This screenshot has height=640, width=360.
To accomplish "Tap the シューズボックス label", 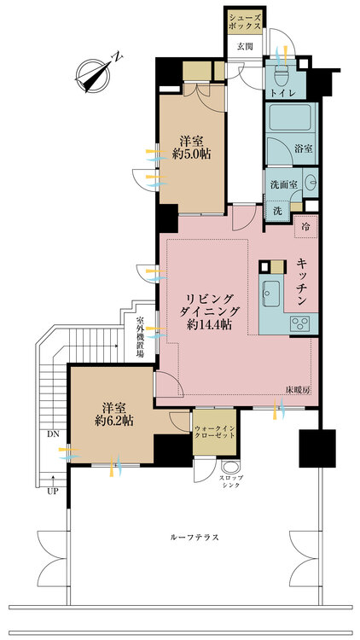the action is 245,22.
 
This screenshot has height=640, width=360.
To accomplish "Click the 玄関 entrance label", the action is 245,47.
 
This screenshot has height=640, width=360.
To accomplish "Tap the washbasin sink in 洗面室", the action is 311,182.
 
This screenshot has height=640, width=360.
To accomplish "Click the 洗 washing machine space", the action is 277,212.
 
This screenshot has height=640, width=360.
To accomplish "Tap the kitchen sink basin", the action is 271,293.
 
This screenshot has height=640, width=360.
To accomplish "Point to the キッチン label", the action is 302,282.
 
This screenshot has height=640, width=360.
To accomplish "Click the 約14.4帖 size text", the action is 211,325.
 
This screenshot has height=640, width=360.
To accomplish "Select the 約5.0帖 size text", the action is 192,154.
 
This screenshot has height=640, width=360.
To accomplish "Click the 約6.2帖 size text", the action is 113,421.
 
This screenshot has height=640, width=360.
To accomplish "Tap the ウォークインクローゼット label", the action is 215,432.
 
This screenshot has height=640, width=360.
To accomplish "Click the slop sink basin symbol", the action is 229,467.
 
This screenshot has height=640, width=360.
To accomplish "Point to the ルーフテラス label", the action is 195,537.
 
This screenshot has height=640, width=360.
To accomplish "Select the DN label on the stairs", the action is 52,433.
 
